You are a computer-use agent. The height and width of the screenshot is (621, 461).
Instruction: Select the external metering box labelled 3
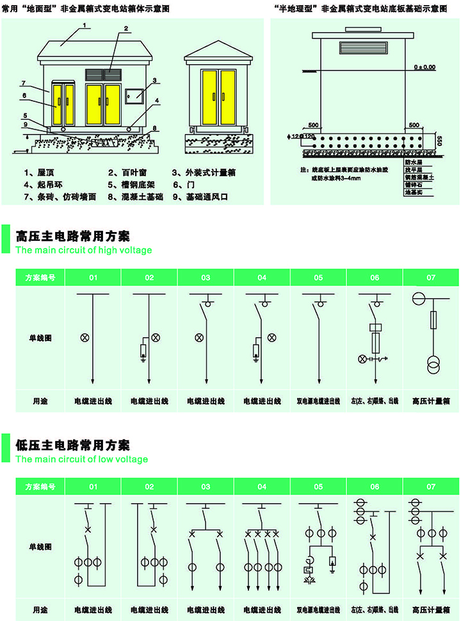click(134, 96)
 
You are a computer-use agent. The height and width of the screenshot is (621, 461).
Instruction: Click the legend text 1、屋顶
click(38, 172)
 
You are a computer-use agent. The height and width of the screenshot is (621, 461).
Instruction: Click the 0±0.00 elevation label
click(424, 66)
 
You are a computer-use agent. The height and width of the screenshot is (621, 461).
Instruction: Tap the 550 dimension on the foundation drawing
click(439, 141)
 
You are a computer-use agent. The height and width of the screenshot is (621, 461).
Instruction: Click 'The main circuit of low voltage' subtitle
click(81, 459)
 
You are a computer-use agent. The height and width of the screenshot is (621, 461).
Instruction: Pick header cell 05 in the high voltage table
click(318, 277)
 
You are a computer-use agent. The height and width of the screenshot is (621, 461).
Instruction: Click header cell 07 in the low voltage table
click(431, 487)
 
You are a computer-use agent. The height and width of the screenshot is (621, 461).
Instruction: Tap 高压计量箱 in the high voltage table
click(431, 401)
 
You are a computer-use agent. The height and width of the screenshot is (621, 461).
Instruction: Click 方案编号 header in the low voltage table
click(40, 487)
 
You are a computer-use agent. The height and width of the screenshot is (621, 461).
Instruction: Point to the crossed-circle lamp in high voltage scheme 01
click(83, 338)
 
